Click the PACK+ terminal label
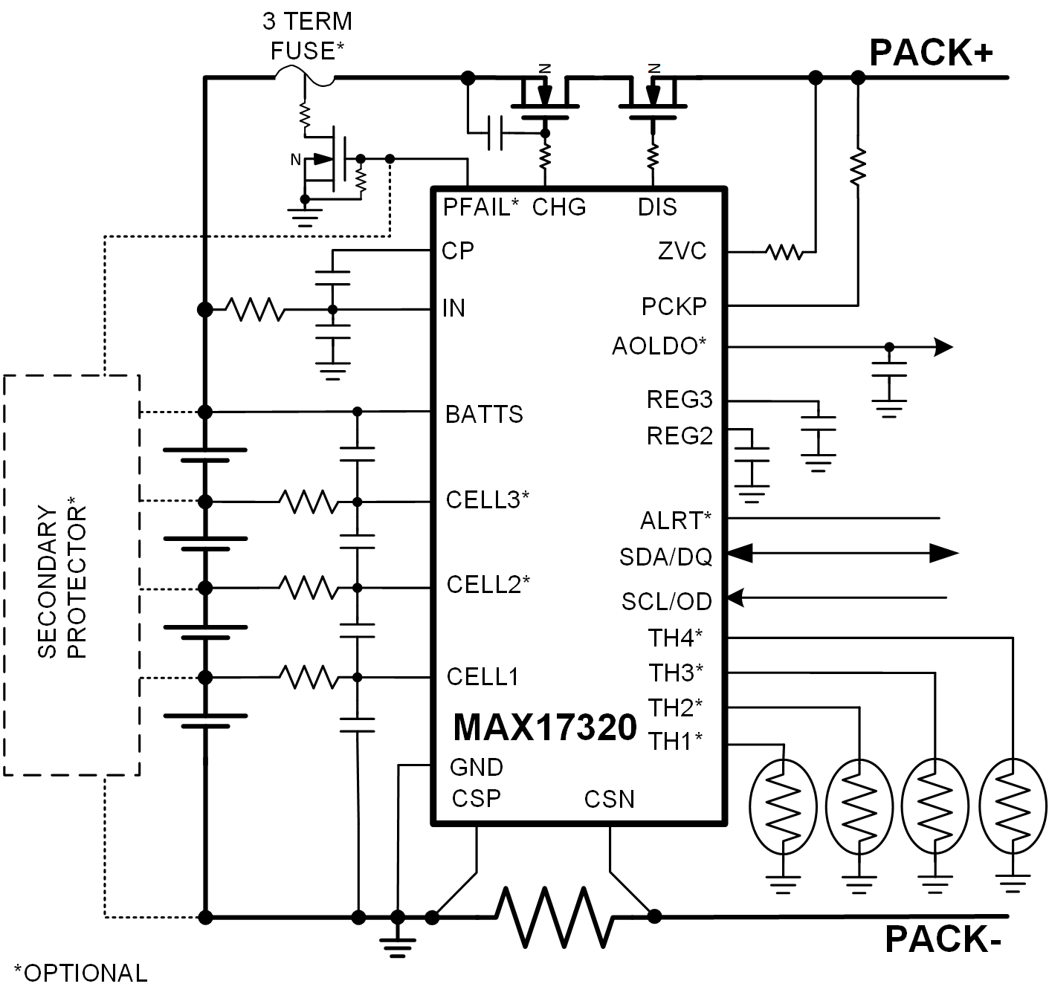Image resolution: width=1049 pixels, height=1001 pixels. click(931, 53)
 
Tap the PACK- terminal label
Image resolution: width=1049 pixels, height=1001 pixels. click(942, 939)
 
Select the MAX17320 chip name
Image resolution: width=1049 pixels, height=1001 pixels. click(544, 728)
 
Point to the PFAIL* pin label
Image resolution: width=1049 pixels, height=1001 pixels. click(480, 207)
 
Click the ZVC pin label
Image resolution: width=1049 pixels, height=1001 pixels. click(682, 251)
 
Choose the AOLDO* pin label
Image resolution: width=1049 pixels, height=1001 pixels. click(659, 346)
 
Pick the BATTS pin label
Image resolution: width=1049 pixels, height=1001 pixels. click(484, 414)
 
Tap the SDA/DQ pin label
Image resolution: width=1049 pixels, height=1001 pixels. click(665, 557)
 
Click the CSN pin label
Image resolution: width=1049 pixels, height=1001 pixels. click(609, 800)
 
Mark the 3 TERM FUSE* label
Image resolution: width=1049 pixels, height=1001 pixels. click(307, 36)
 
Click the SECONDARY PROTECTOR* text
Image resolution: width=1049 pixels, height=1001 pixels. click(62, 583)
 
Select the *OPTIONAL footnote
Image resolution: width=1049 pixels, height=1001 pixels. click(80, 973)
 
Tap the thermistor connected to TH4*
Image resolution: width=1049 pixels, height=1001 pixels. click(1012, 806)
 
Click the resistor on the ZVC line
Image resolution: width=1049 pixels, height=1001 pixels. click(784, 252)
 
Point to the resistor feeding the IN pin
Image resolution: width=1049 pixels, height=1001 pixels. click(255, 309)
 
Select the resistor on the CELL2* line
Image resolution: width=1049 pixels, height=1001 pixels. click(308, 588)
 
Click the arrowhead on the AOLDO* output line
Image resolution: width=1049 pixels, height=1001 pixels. click(943, 346)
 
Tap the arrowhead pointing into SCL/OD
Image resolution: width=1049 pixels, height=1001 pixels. click(735, 597)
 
